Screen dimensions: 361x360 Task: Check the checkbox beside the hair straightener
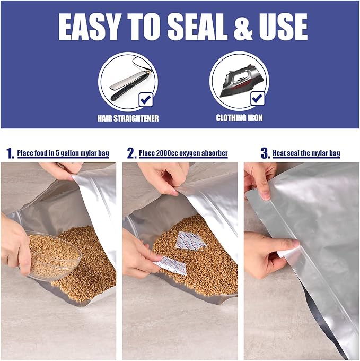(x=145, y=99)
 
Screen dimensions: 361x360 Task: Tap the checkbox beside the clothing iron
(x=258, y=99)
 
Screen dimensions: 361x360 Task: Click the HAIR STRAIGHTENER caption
(x=128, y=118)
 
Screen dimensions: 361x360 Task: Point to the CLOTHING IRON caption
(x=239, y=118)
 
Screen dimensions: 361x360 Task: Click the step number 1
(x=10, y=153)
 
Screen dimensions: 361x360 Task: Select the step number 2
(x=131, y=153)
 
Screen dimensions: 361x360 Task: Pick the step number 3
(x=265, y=153)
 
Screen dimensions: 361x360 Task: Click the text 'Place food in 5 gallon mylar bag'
(x=63, y=153)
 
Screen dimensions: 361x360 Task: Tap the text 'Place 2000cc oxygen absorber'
(x=183, y=153)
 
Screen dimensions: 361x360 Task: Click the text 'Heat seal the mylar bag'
(x=306, y=153)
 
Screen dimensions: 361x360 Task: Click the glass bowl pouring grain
(x=53, y=255)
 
